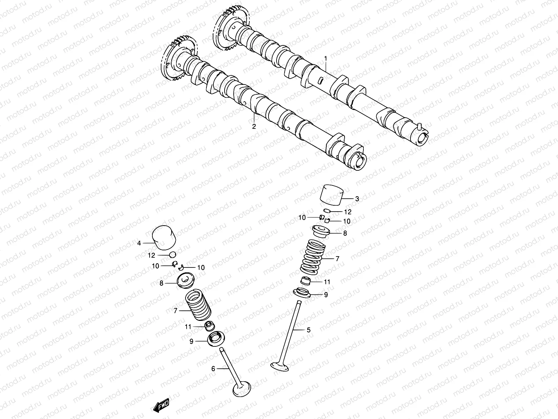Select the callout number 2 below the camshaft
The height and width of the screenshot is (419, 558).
click(x=254, y=126)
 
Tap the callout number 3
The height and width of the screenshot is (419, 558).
click(x=357, y=199)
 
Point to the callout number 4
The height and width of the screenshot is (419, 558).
click(x=139, y=243)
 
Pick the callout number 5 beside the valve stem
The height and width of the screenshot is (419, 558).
click(x=308, y=329)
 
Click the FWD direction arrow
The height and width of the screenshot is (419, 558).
click(x=161, y=405)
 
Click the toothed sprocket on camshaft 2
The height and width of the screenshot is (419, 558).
click(x=178, y=59)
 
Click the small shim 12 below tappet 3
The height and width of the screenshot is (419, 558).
click(x=326, y=211)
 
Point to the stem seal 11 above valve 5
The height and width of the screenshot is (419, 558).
click(x=306, y=281)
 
